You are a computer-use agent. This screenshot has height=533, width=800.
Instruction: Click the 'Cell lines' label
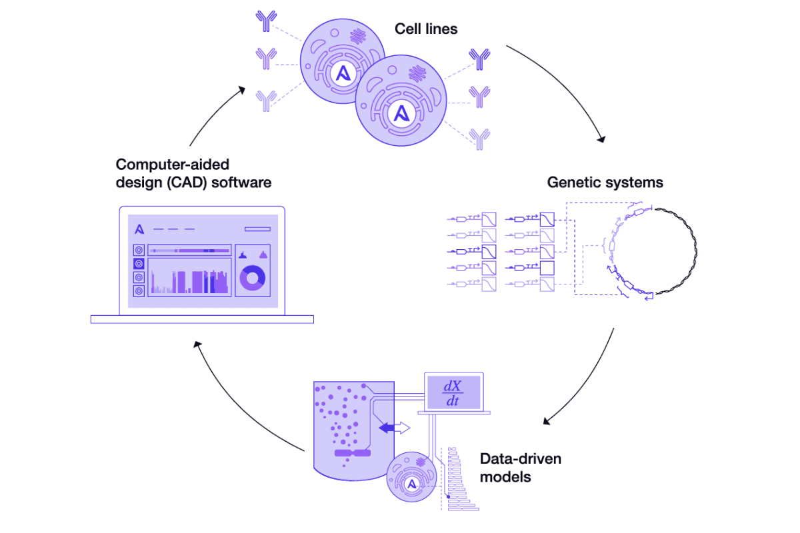[x=426, y=29]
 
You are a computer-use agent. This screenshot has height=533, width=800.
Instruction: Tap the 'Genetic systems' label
[x=605, y=183]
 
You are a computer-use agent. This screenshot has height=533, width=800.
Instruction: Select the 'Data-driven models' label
[x=521, y=468]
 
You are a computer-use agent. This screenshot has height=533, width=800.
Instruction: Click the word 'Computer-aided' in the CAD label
[x=173, y=165]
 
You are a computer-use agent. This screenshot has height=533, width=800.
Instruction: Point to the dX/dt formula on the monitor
[x=453, y=392]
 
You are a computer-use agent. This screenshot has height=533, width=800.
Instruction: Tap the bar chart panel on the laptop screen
[x=189, y=277]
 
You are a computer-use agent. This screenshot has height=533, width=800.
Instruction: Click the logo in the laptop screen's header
[x=139, y=229]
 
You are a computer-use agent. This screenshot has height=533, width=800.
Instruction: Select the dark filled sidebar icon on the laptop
[x=139, y=264]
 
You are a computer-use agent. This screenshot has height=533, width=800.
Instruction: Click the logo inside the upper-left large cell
[x=343, y=74]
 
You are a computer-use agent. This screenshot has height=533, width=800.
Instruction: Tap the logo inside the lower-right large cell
[x=401, y=114]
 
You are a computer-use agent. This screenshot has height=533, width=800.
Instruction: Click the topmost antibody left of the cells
[x=266, y=21]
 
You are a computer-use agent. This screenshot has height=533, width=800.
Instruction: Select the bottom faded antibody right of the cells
[x=479, y=139]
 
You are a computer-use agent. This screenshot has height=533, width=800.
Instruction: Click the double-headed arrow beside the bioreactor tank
[x=394, y=427]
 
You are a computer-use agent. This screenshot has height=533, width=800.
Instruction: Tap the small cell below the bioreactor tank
[x=412, y=477]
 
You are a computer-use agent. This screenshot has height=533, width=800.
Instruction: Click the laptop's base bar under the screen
[x=202, y=319]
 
